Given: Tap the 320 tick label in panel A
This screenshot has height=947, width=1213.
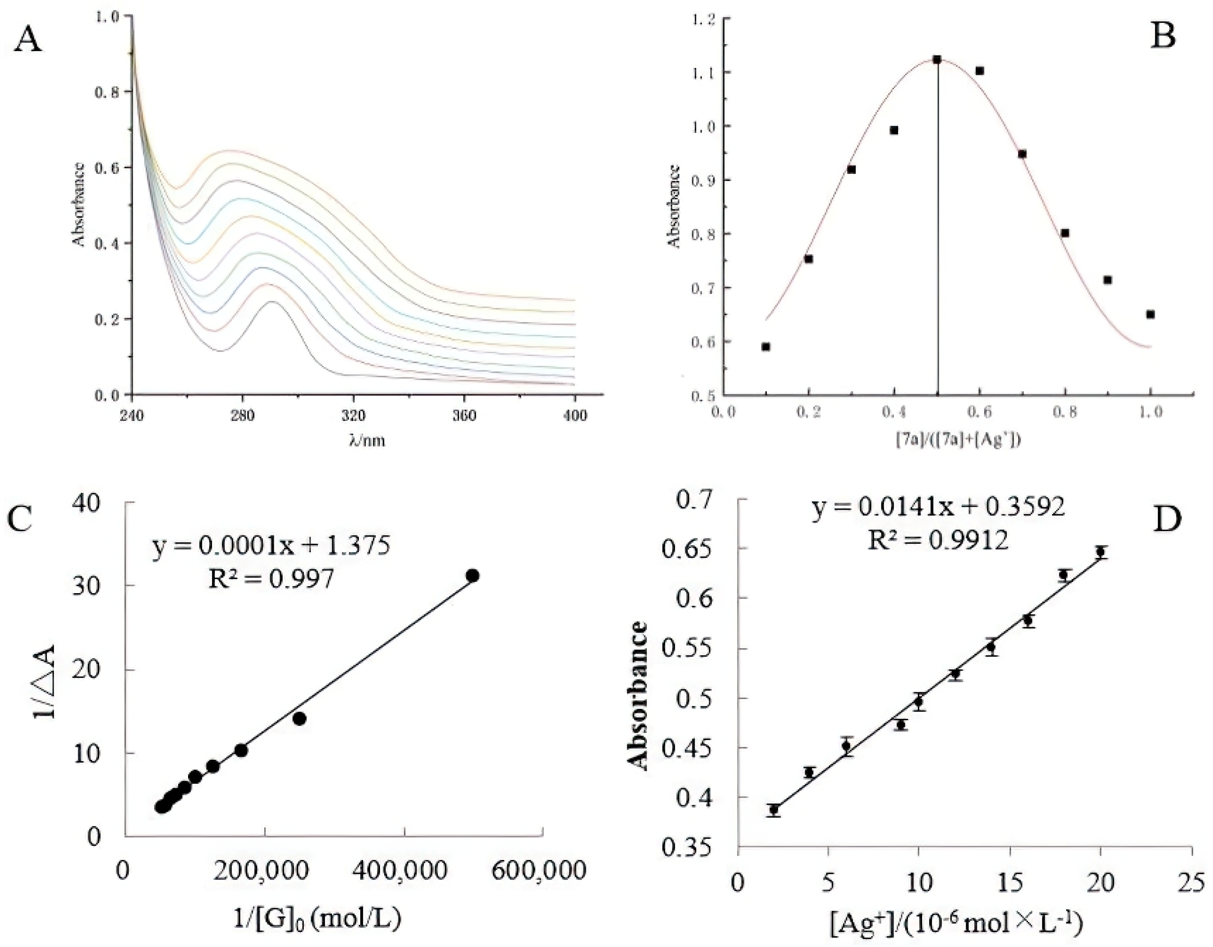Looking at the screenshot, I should tap(353, 416).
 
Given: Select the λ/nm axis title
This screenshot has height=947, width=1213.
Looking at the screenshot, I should tap(367, 441).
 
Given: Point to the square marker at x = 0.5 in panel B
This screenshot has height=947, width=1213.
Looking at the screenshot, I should tap(937, 59).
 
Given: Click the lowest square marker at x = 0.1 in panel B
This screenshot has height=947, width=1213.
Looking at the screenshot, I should tap(766, 347).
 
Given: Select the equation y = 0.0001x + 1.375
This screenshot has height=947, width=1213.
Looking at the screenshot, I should tap(272, 546).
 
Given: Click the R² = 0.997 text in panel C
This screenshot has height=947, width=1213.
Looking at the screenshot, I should tap(272, 579).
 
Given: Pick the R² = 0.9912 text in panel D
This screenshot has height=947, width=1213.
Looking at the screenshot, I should tap(938, 540).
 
